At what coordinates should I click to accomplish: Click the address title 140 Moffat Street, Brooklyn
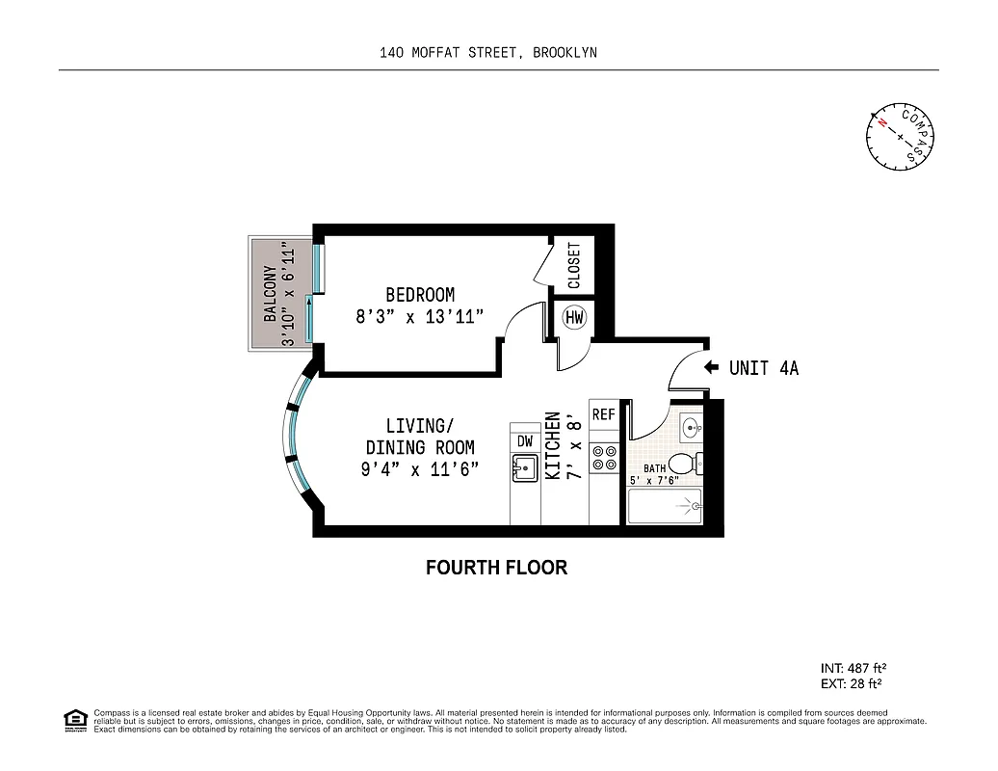click(488, 53)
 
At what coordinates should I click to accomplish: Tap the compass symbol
click(899, 136)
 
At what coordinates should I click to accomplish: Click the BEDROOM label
click(420, 295)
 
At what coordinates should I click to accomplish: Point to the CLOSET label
click(574, 265)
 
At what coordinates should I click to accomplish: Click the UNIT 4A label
click(764, 367)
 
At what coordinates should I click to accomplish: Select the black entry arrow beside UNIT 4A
click(712, 367)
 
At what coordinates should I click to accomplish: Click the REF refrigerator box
click(604, 415)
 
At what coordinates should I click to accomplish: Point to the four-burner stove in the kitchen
click(604, 457)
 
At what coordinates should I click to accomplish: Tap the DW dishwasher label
click(525, 440)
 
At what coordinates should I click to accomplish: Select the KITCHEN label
click(554, 445)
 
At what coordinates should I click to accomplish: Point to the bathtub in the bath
click(665, 505)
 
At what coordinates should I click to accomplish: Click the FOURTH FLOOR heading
click(496, 568)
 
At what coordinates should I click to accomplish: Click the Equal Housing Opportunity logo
click(73, 720)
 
